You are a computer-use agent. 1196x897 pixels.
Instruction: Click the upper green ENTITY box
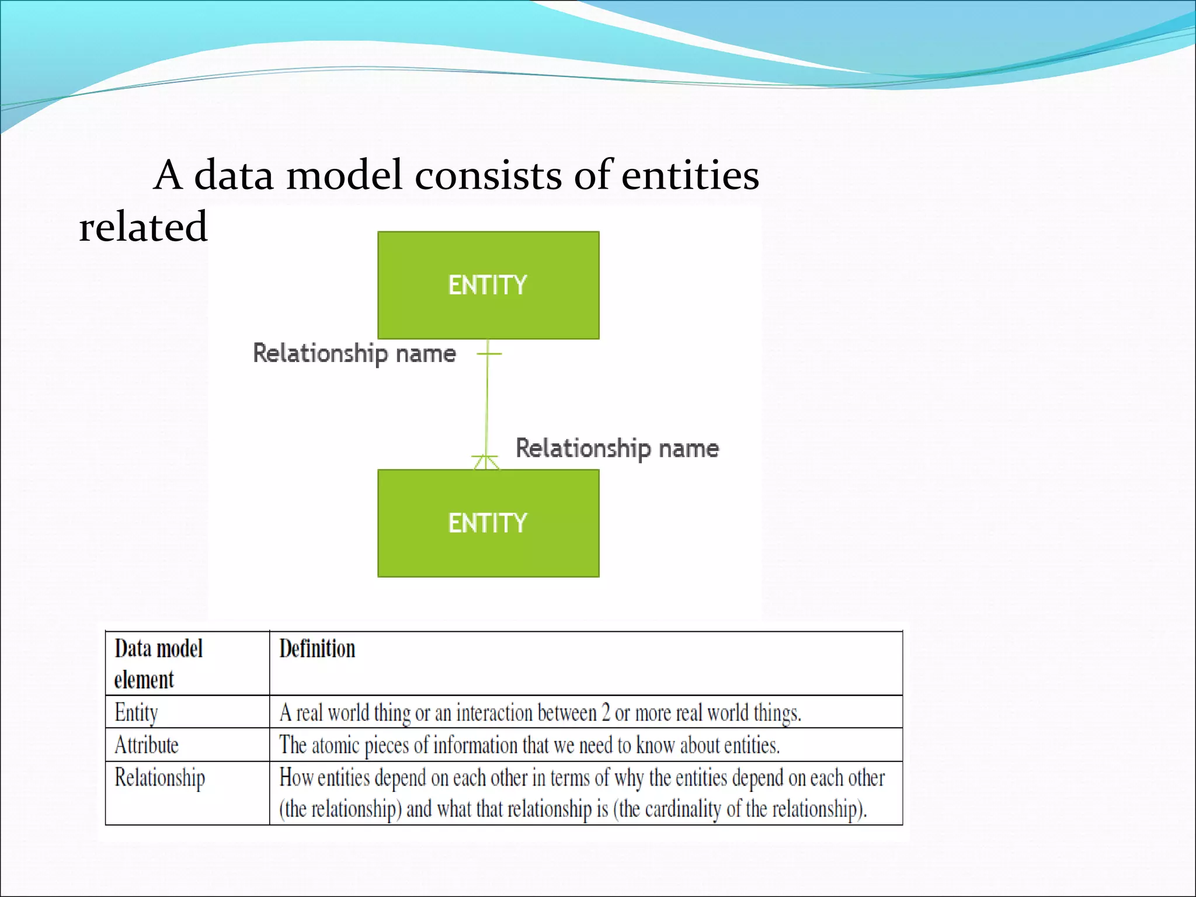coord(488,285)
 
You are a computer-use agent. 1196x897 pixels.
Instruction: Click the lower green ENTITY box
coord(488,523)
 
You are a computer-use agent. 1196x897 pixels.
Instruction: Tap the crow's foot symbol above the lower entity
coord(486,463)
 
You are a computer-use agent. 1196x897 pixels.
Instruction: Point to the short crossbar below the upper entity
coord(489,354)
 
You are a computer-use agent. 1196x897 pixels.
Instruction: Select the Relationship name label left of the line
coord(354,354)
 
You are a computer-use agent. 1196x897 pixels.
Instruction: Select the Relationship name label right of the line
coord(617,448)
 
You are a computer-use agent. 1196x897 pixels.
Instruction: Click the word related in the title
coord(143,227)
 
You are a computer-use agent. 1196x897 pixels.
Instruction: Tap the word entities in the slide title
coord(690,175)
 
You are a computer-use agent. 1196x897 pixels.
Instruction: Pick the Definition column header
coord(317,649)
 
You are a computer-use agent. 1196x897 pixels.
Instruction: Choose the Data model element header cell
coord(158,663)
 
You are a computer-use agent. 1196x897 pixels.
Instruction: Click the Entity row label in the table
coord(136,712)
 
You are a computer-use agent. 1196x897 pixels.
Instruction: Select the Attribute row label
coord(146,745)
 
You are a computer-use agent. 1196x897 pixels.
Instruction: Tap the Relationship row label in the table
coord(159,778)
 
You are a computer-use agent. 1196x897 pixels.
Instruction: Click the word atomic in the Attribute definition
coord(335,746)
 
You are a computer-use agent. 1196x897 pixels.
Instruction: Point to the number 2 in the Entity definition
coord(606,713)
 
